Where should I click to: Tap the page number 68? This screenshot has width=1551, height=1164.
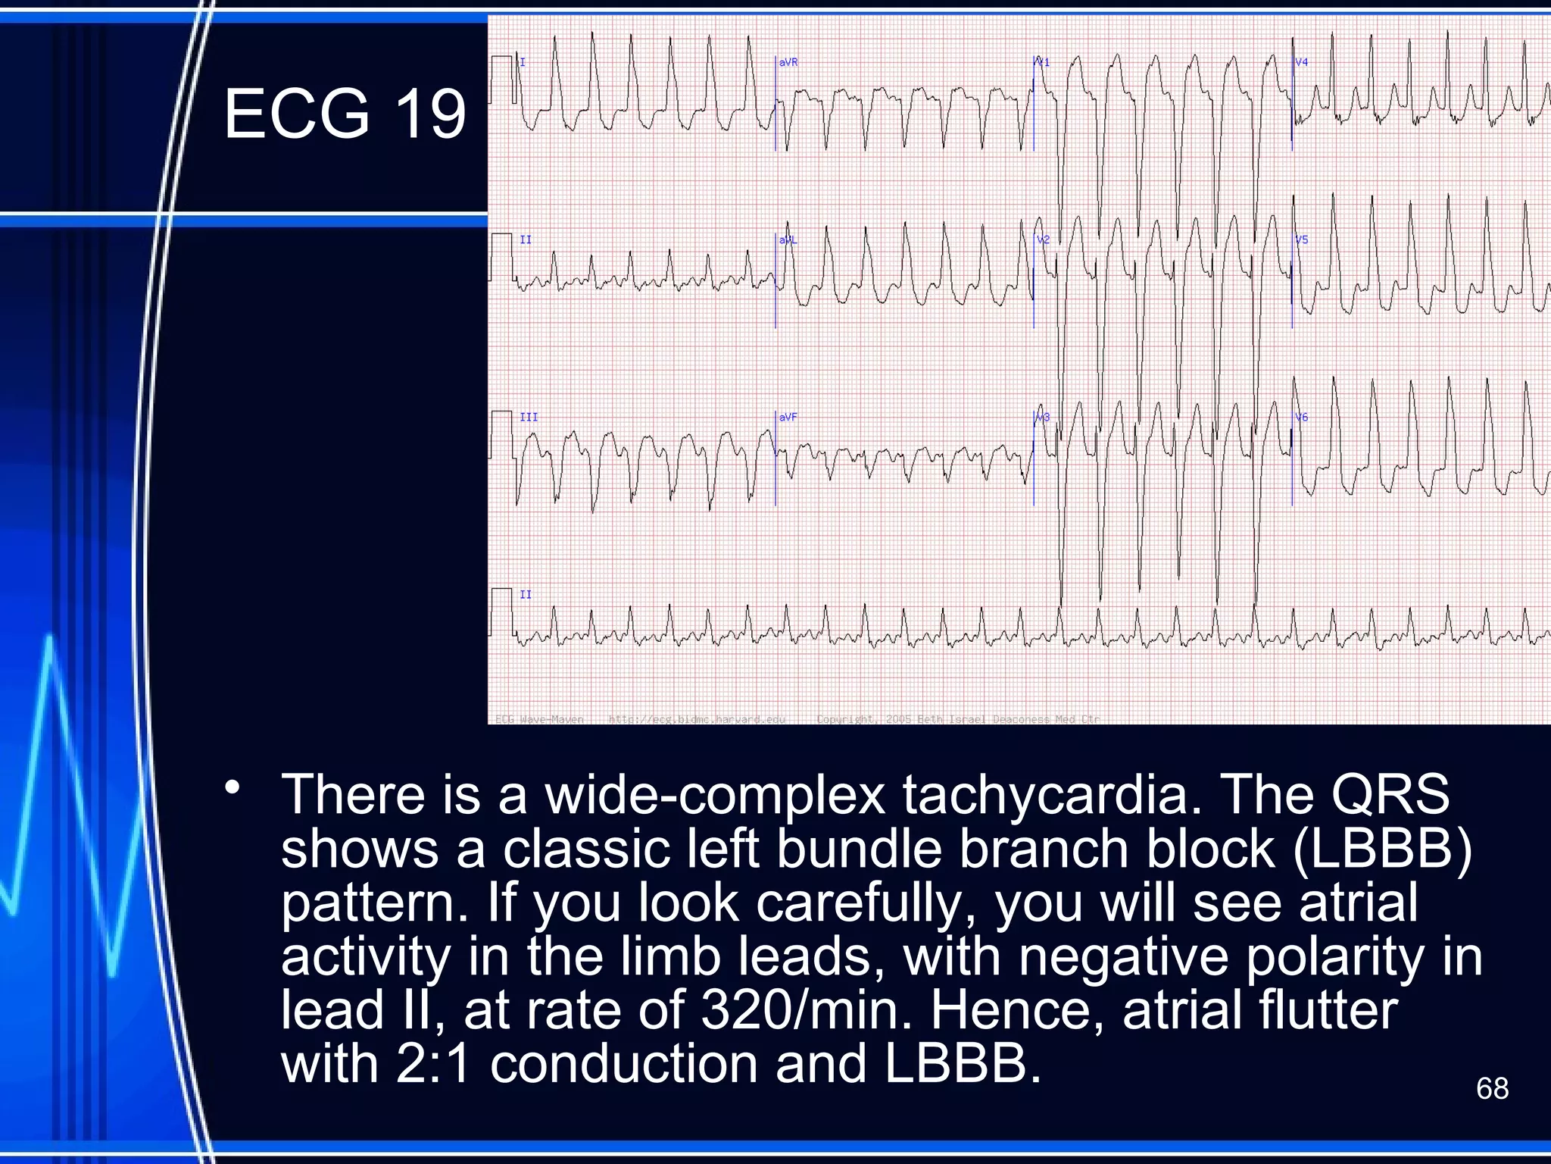1492,1089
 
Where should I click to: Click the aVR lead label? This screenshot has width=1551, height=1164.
788,62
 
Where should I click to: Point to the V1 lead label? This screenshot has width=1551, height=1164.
1043,62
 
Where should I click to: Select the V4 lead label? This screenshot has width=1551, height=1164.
1301,62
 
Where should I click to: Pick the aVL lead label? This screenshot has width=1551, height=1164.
788,240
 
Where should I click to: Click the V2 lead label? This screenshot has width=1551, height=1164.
1043,240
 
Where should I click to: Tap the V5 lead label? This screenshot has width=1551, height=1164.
1301,240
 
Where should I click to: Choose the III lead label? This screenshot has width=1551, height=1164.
529,418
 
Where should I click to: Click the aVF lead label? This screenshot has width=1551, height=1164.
788,418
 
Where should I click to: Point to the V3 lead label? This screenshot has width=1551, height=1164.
1043,418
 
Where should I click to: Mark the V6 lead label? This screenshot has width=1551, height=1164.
1301,418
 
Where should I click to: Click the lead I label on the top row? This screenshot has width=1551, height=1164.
523,62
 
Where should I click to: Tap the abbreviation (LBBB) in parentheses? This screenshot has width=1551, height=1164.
1383,849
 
